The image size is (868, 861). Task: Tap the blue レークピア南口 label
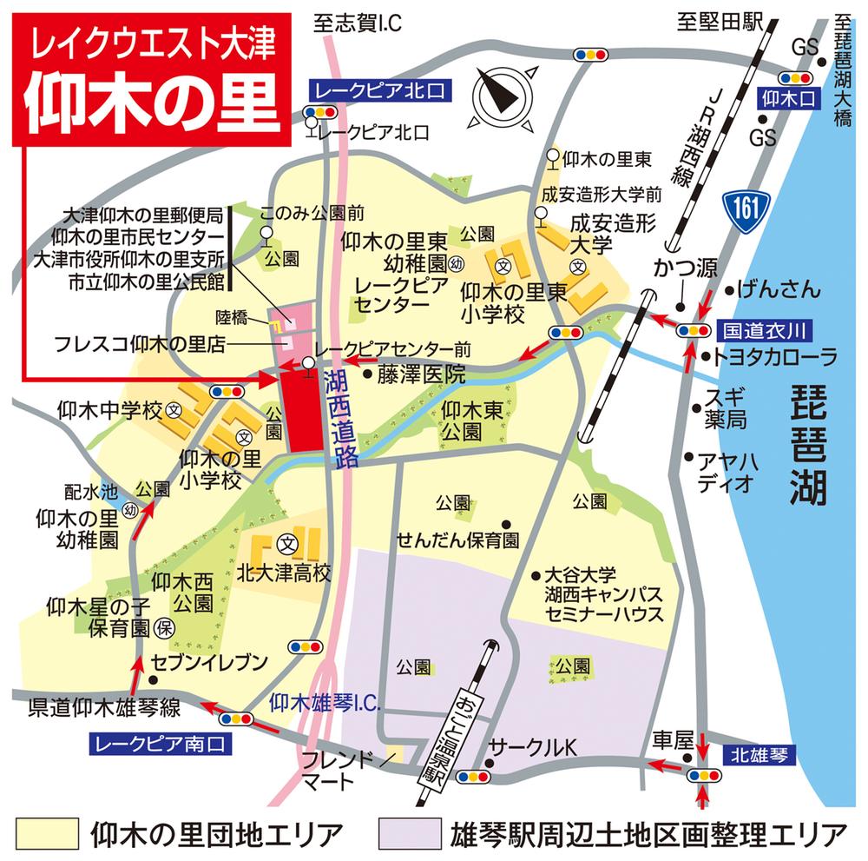pos(161,743)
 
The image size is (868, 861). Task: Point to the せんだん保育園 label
pos(457,540)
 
